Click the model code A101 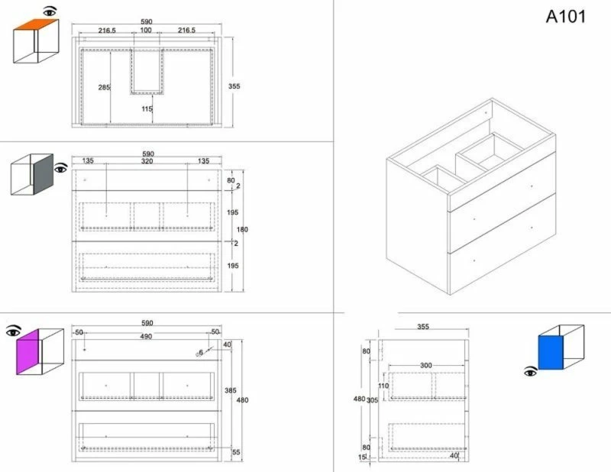click(x=565, y=17)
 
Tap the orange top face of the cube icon click(x=36, y=24)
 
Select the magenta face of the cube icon click(x=28, y=352)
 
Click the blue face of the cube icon click(x=551, y=352)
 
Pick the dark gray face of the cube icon click(x=44, y=174)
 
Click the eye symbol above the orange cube click(x=50, y=11)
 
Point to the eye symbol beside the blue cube click(x=530, y=372)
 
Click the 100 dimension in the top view click(x=146, y=30)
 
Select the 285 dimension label click(x=104, y=87)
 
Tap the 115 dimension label click(x=147, y=108)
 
